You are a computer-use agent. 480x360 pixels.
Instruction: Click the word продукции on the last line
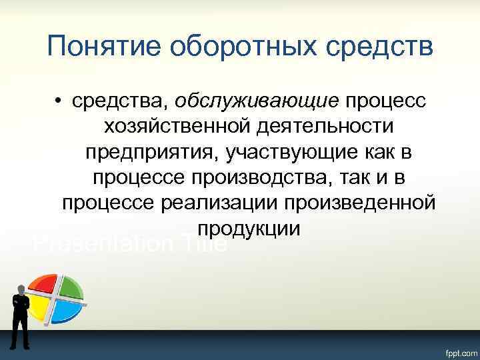coord(249,229)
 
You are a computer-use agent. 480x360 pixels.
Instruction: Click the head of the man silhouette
coord(21,289)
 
